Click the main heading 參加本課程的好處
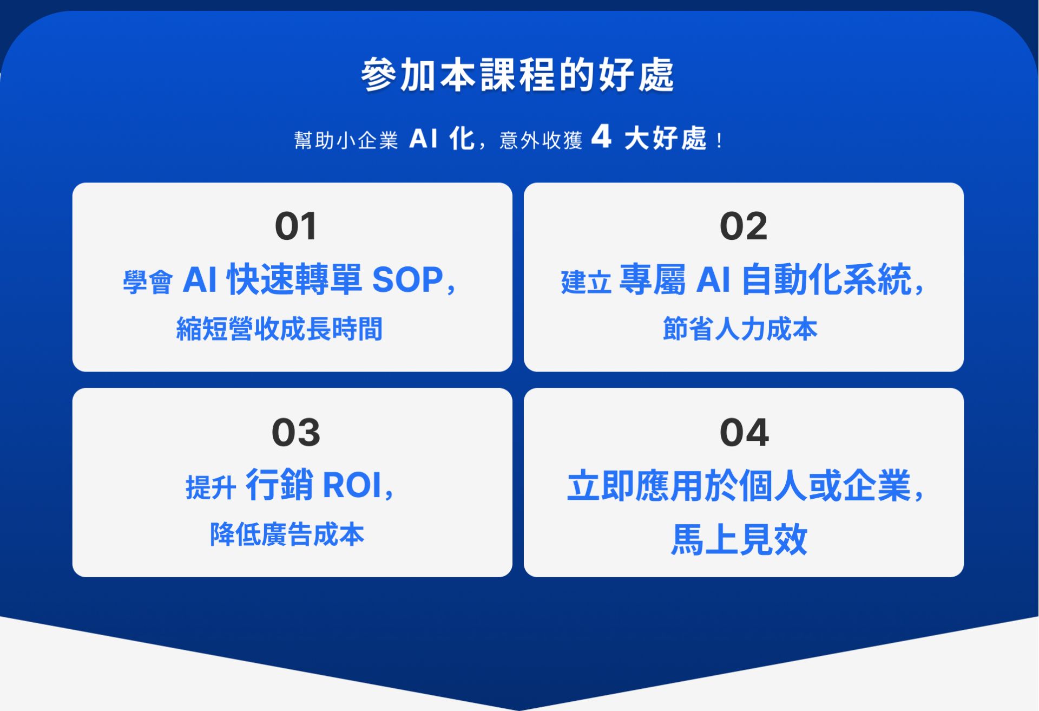click(x=518, y=75)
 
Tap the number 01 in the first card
click(x=295, y=226)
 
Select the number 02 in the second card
click(x=744, y=226)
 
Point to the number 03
click(x=296, y=433)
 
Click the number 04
click(x=744, y=433)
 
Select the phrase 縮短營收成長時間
click(x=279, y=329)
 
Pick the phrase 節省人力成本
click(x=740, y=329)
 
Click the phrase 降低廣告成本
click(x=287, y=534)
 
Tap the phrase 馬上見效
click(x=739, y=539)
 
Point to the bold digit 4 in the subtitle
click(x=601, y=136)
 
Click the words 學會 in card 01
click(x=148, y=282)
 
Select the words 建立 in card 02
click(x=586, y=282)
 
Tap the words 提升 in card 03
click(x=211, y=487)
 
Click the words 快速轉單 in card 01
click(x=294, y=280)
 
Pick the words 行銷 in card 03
click(x=279, y=485)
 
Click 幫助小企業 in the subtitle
click(x=346, y=140)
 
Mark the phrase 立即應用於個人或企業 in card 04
click(x=739, y=486)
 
